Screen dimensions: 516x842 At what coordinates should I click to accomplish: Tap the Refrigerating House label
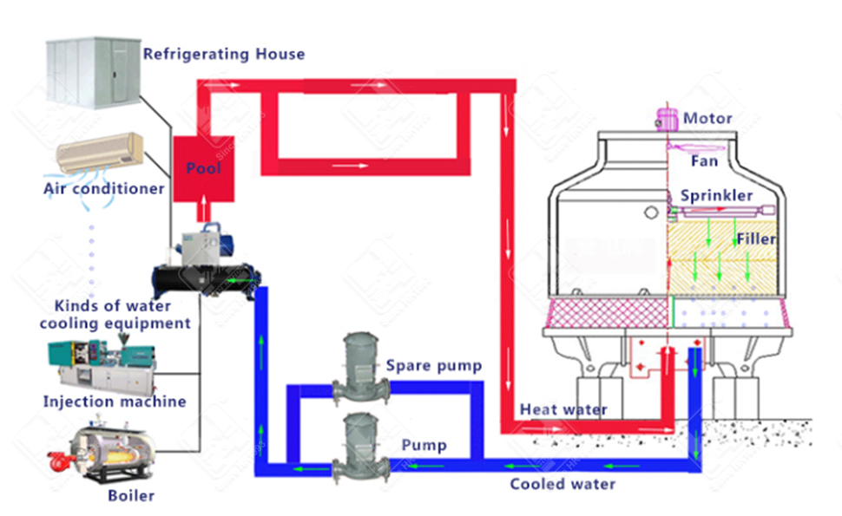(224, 54)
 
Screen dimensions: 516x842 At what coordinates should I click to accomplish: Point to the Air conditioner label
(104, 187)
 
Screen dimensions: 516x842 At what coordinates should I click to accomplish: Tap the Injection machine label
(115, 402)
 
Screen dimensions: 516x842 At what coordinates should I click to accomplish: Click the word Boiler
(131, 496)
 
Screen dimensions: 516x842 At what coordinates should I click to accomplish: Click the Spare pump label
(433, 365)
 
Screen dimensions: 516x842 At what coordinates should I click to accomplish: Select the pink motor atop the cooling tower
(668, 118)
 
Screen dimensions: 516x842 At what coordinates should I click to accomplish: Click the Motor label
(707, 118)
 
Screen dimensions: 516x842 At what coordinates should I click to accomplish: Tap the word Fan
(704, 161)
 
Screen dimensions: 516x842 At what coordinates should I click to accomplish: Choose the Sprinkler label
(716, 195)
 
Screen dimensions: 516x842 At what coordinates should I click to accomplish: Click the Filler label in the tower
(755, 238)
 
